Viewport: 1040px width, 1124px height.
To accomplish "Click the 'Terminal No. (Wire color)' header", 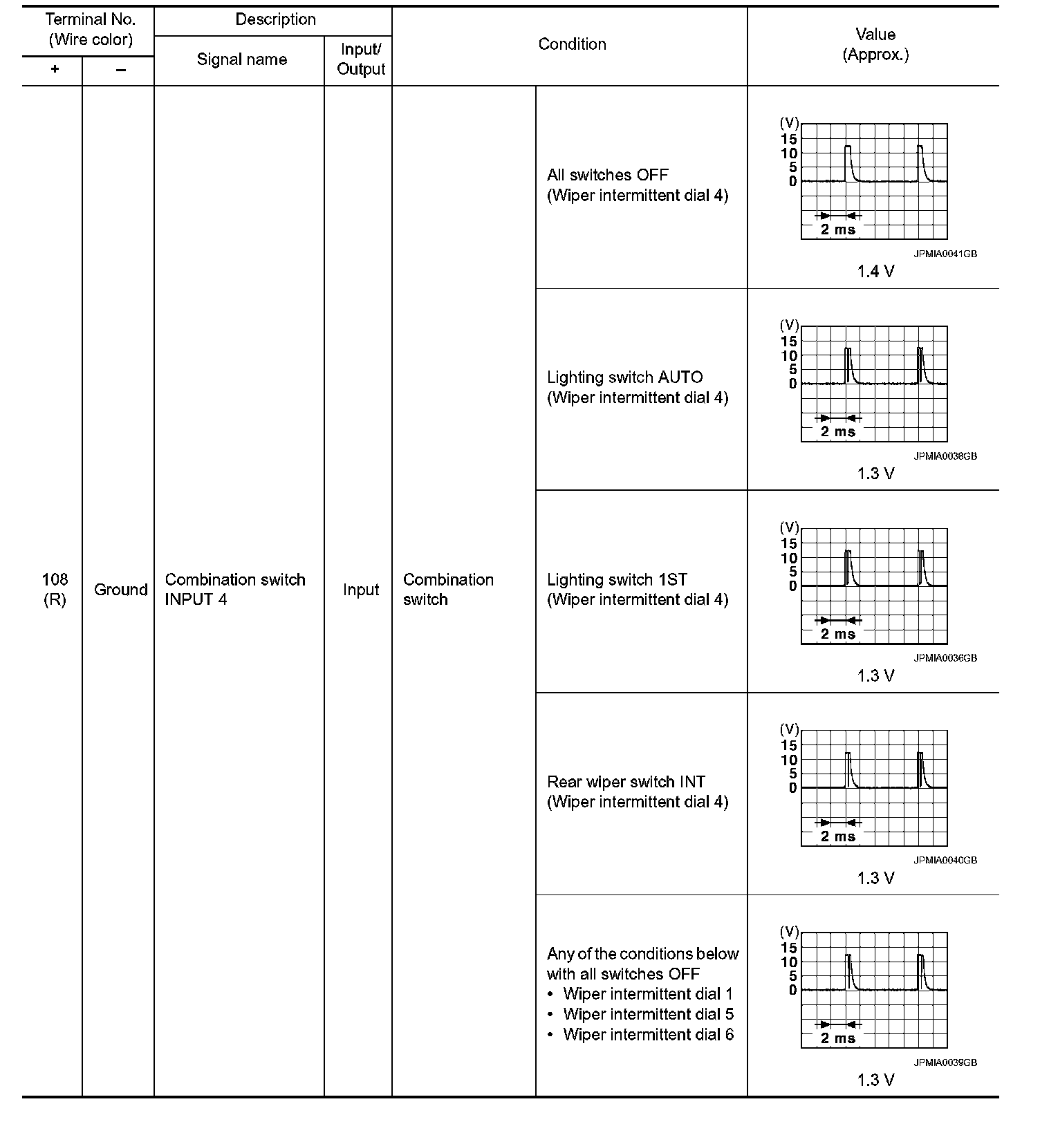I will [90, 30].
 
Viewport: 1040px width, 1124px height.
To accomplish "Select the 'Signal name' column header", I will [241, 59].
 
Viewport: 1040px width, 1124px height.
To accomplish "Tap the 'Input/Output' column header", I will [360, 59].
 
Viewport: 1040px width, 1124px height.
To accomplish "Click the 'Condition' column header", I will [572, 44].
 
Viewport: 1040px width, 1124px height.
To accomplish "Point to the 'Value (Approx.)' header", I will [875, 44].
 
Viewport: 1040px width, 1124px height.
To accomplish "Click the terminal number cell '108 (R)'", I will [55, 590].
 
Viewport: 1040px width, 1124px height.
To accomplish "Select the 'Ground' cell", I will [120, 590].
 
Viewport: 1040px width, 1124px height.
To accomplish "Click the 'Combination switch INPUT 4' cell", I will [235, 590].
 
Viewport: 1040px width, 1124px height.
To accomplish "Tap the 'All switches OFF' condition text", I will [607, 175].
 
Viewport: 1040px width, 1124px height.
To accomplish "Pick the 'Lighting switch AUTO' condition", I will [624, 377].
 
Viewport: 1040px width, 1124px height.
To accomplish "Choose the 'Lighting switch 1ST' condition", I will [617, 579].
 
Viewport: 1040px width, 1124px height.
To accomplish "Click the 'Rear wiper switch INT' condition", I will [626, 782].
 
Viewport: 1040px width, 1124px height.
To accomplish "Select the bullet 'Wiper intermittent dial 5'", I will [648, 1014].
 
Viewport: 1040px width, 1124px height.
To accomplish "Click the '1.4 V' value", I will [875, 272].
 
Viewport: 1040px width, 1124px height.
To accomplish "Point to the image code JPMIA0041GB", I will [945, 254].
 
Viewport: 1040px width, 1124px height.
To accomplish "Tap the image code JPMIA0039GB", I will [945, 1062].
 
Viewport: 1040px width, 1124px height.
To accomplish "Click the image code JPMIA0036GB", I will [945, 658].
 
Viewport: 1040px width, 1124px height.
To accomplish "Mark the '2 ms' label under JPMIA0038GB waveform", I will [837, 432].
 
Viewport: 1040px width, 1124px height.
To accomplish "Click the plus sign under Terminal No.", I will [55, 70].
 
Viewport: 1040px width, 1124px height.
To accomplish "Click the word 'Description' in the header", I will [275, 20].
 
